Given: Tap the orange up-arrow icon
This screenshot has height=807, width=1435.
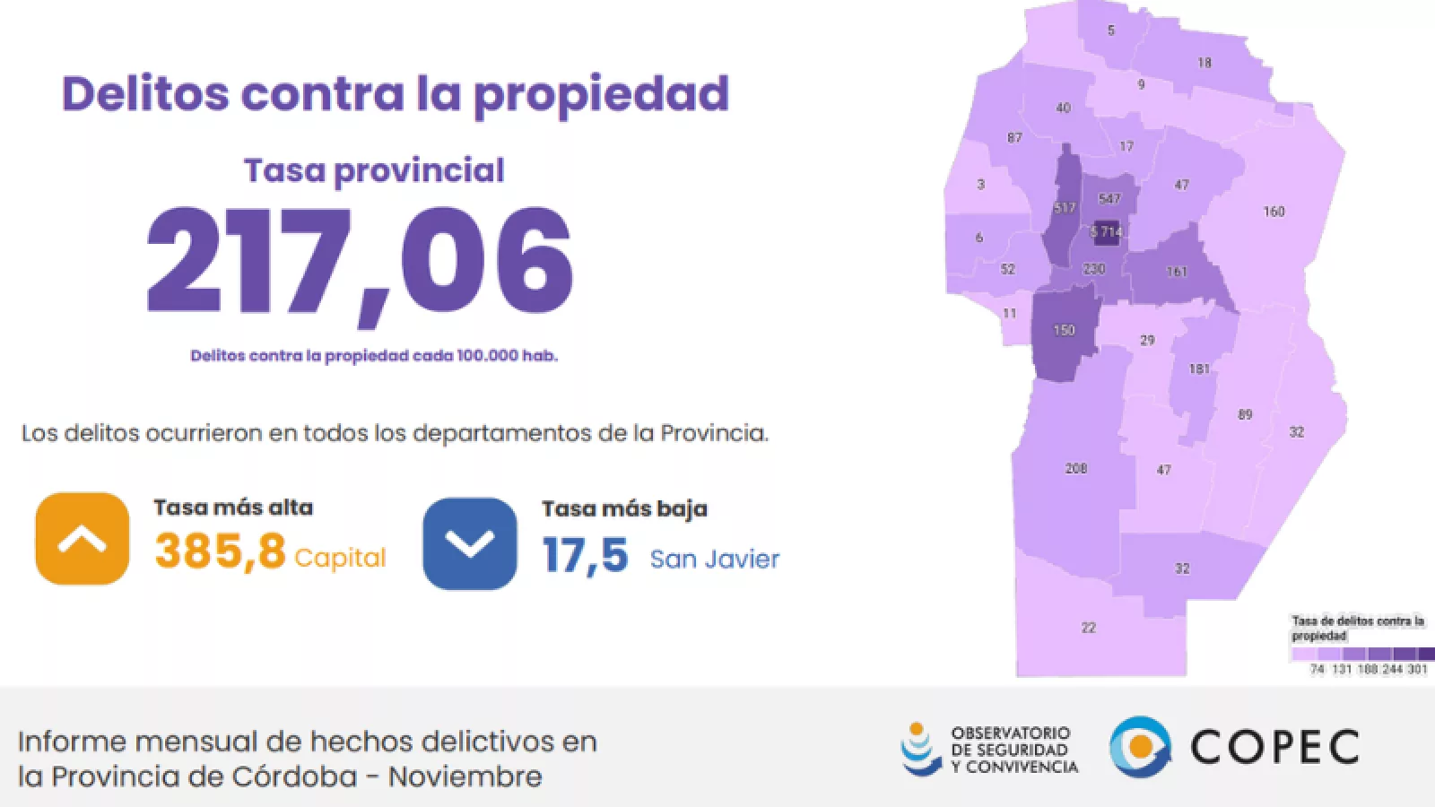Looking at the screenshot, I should tap(82, 539).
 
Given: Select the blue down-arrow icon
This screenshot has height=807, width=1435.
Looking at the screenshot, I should tap(470, 543).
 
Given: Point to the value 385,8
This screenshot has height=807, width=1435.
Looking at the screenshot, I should tap(220, 551).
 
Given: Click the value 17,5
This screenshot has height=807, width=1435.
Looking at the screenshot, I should tap(585, 555).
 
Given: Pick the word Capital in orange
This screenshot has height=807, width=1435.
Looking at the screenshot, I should tap(340, 558).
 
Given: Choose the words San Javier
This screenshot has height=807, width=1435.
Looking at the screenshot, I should tap(715, 559).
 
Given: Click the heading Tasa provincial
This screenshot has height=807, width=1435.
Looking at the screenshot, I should tap(374, 170).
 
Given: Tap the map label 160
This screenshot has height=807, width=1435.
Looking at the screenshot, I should tap(1274, 212).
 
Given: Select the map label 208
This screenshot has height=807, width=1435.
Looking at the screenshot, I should tap(1076, 468).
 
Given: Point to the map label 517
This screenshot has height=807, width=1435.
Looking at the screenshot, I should tap(1065, 208).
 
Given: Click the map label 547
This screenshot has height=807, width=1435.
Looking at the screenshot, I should tap(1109, 199).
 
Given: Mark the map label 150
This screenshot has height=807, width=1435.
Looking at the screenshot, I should tap(1064, 330).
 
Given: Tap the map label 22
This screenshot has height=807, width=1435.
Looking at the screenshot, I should tap(1089, 628).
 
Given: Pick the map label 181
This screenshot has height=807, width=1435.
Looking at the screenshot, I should tap(1199, 369).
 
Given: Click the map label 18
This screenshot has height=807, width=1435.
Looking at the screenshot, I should tap(1205, 63).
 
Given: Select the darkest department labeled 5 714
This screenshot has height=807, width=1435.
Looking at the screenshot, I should tap(1107, 232).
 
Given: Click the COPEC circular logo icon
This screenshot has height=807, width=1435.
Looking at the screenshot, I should tap(1140, 747).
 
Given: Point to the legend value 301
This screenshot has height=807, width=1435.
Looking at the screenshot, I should tap(1417, 669).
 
